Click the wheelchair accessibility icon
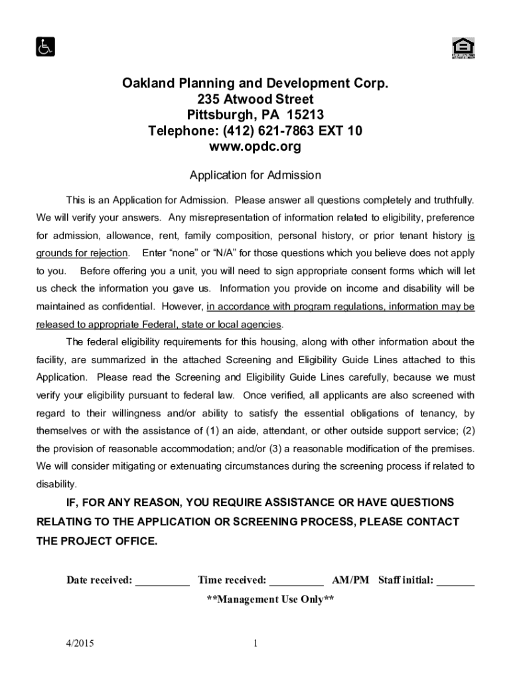pyautogui.click(x=45, y=47)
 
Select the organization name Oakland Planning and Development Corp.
pyautogui.click(x=255, y=84)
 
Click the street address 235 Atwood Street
pyautogui.click(x=255, y=99)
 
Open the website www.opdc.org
pyautogui.click(x=255, y=147)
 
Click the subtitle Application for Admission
pyautogui.click(x=255, y=175)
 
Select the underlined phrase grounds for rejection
pyautogui.click(x=82, y=253)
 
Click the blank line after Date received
pyautogui.click(x=163, y=581)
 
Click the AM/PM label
pyautogui.click(x=350, y=580)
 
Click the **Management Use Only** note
pyautogui.click(x=270, y=600)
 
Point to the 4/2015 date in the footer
pyautogui.click(x=80, y=643)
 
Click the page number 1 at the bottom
pyautogui.click(x=255, y=643)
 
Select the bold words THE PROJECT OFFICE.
pyautogui.click(x=97, y=541)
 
